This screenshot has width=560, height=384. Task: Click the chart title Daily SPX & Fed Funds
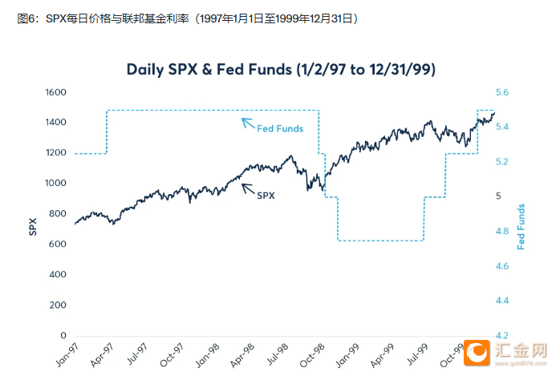(x=281, y=69)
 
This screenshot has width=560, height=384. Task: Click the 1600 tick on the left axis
(x=55, y=93)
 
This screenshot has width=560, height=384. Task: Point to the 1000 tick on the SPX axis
(x=55, y=184)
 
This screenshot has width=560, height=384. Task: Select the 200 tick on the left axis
(x=57, y=305)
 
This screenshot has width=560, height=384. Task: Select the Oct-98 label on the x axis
(x=313, y=356)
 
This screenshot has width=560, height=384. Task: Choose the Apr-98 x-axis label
(x=241, y=356)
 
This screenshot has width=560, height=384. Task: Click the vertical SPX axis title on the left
(x=33, y=228)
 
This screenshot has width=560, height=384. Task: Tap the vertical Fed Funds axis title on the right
(x=521, y=227)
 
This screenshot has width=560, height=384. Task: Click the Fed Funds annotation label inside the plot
(x=280, y=128)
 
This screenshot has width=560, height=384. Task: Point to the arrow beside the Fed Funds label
(x=248, y=123)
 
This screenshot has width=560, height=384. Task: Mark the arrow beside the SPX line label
(x=248, y=188)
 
